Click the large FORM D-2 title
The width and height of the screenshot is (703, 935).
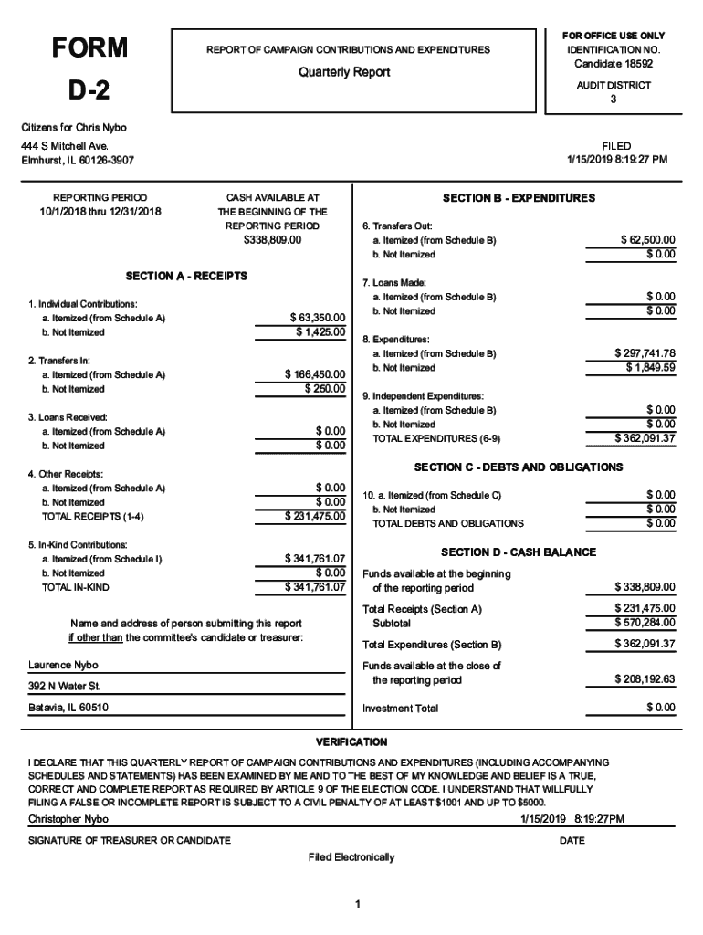coord(89,68)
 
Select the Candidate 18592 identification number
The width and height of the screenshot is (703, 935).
coord(613,64)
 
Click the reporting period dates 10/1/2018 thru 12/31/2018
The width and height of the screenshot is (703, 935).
coord(100,212)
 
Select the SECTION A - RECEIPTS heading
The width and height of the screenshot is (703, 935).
coord(186,275)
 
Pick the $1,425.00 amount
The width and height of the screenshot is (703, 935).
coord(320,331)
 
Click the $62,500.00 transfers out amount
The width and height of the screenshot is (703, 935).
coord(647,240)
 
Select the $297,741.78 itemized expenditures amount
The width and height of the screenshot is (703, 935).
coord(645,353)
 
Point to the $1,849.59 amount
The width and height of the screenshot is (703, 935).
coord(650,367)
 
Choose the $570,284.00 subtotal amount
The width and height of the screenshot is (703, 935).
coord(645,623)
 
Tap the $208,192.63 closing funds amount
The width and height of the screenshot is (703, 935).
coord(645,679)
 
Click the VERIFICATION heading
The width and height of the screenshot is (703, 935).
coord(351,741)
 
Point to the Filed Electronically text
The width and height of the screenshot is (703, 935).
coord(351,857)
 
